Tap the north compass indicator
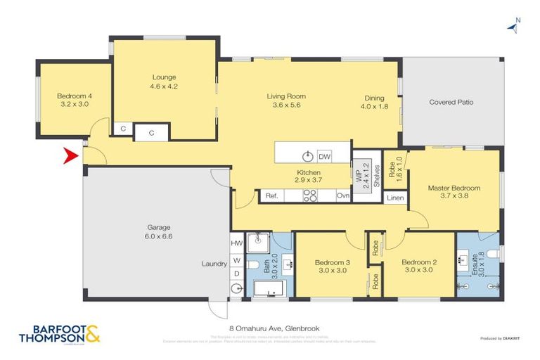(x=513, y=27)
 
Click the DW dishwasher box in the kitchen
(x=324, y=156)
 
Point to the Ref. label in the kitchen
(x=272, y=196)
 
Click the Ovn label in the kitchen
(x=343, y=196)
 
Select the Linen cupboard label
(x=395, y=198)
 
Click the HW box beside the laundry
(x=236, y=243)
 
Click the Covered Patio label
(x=451, y=102)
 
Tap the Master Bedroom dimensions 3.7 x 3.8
(x=454, y=196)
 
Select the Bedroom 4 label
(x=73, y=96)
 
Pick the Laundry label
(x=214, y=264)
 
